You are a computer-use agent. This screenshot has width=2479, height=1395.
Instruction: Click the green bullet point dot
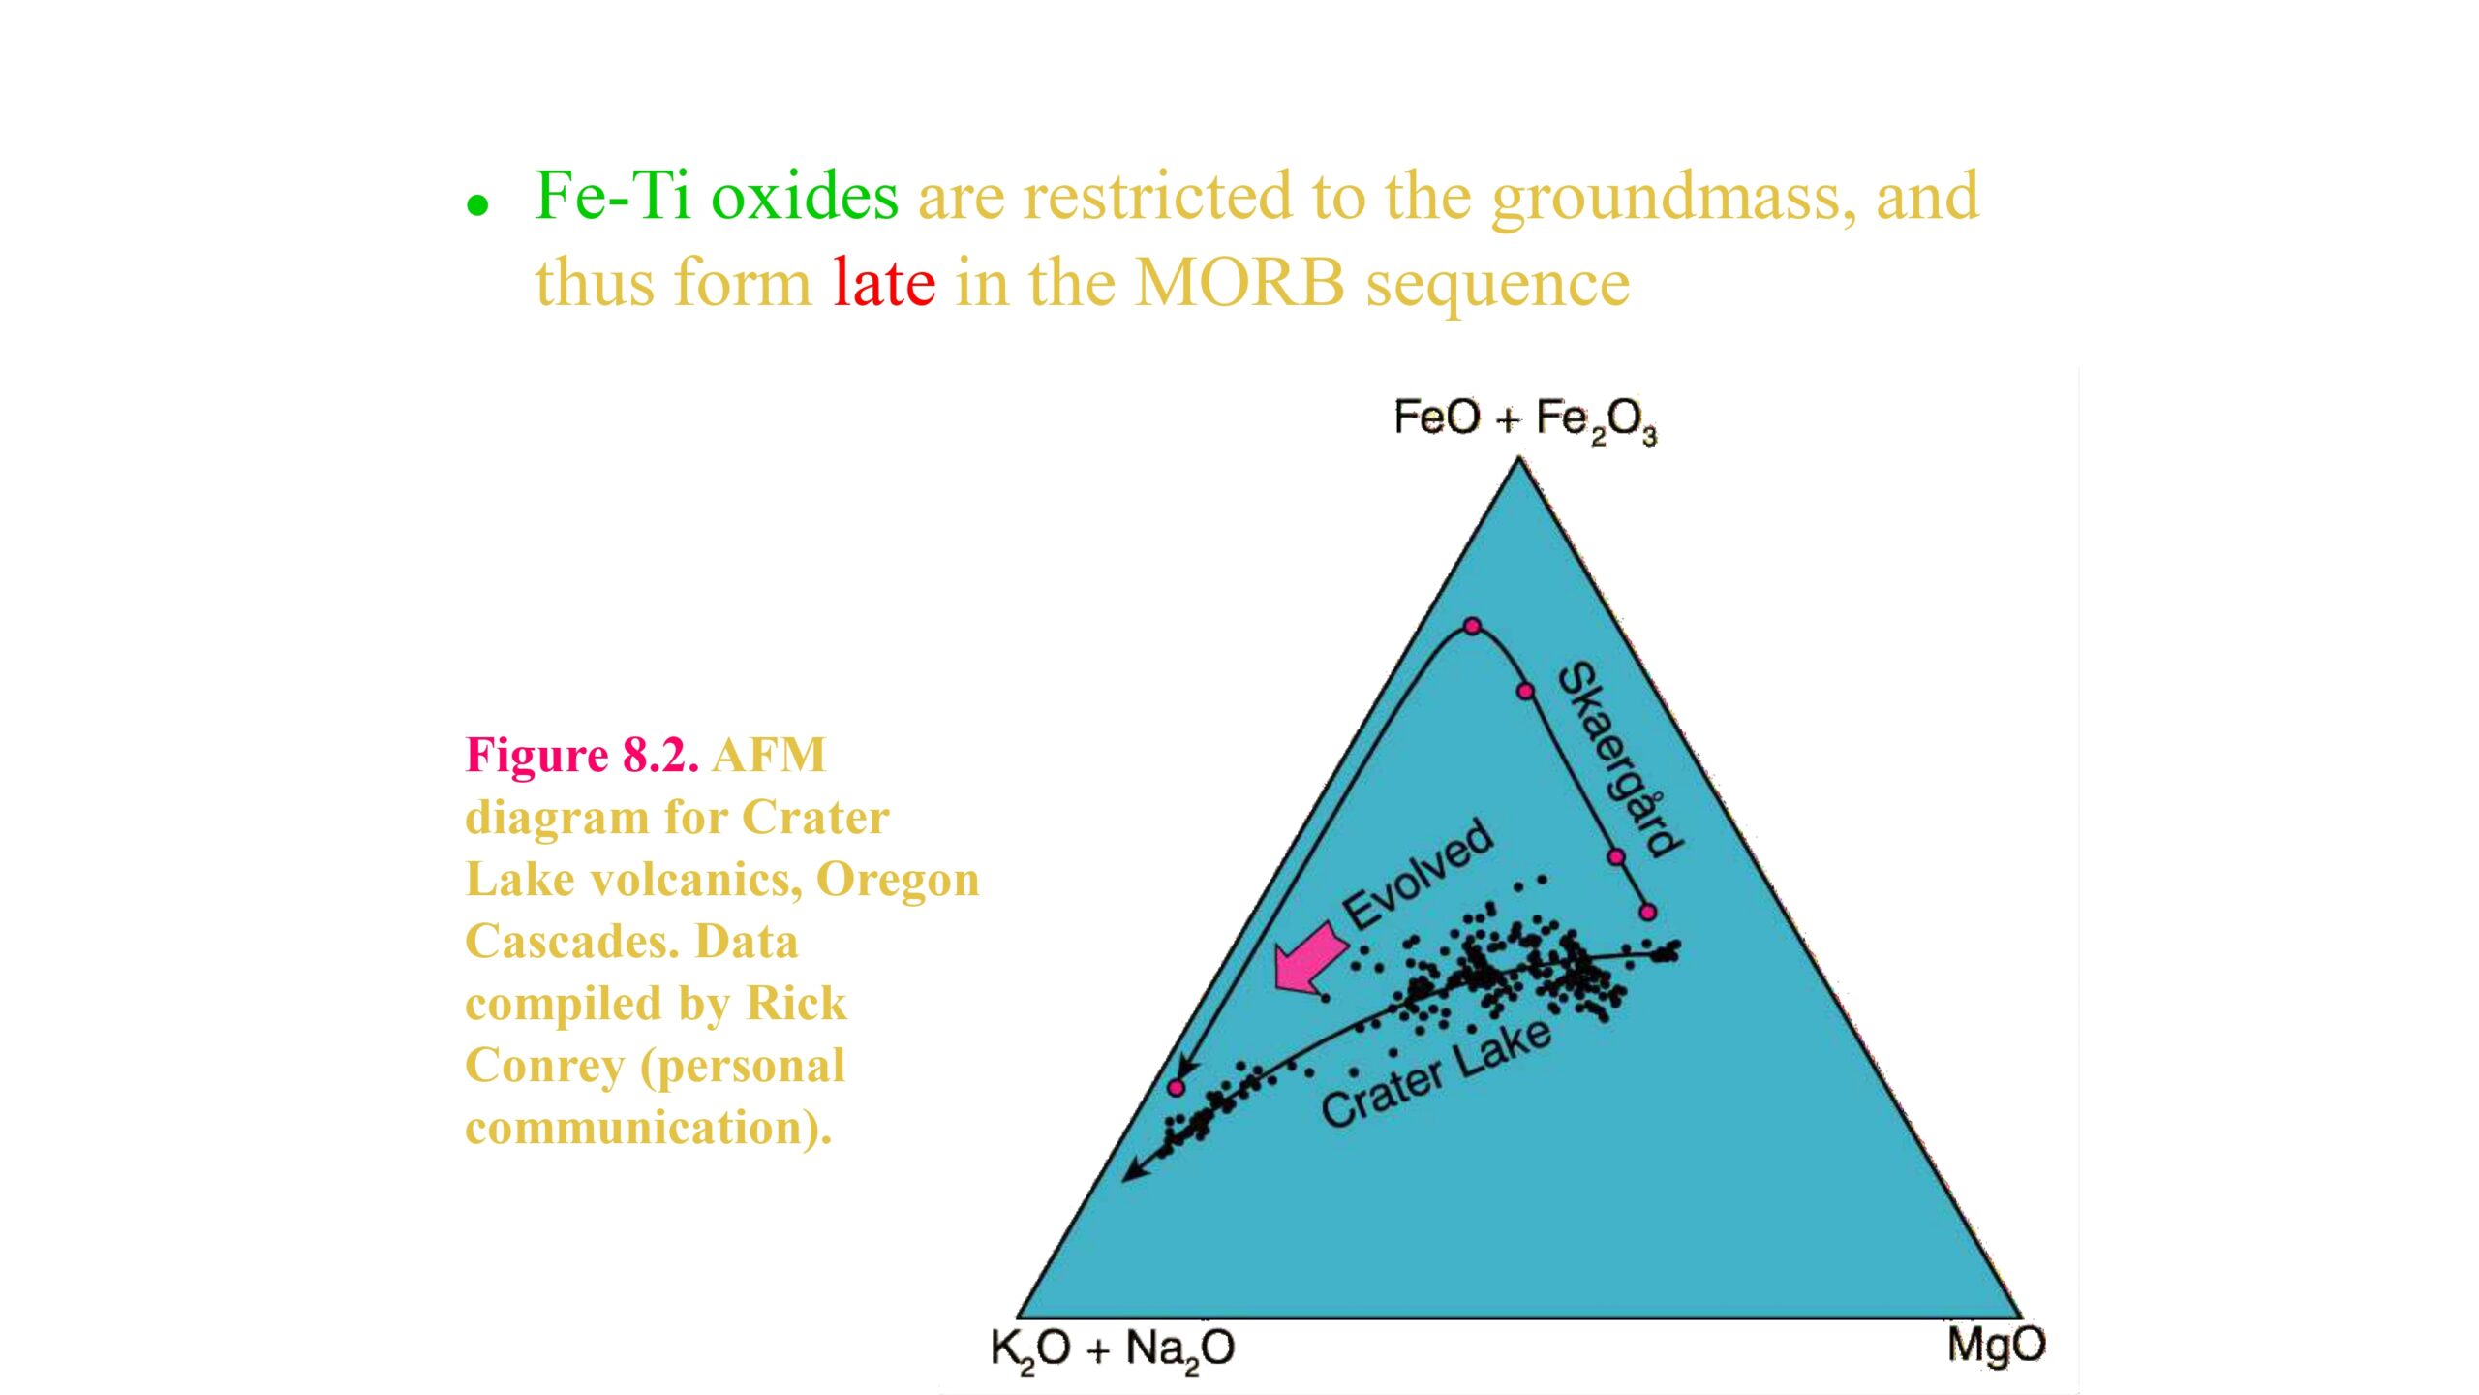click(476, 205)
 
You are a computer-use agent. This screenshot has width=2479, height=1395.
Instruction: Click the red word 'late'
click(884, 283)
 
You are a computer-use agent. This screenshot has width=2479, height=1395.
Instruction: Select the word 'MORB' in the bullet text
click(1239, 283)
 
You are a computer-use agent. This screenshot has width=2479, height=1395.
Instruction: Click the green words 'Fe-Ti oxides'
click(717, 196)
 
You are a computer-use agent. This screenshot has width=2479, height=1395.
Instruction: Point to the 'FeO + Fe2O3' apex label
click(1525, 420)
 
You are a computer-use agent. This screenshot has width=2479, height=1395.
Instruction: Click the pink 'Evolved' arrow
click(1309, 958)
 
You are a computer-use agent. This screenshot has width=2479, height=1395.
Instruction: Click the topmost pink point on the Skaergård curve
click(1472, 627)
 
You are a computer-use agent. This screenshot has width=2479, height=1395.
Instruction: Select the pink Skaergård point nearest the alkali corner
click(1176, 1088)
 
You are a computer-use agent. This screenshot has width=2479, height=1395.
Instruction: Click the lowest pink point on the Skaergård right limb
click(1648, 912)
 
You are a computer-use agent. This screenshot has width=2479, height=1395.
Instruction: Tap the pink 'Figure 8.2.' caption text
click(582, 755)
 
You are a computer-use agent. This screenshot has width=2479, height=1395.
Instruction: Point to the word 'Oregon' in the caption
click(898, 881)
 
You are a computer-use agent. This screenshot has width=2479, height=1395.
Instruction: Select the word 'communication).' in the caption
click(648, 1129)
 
